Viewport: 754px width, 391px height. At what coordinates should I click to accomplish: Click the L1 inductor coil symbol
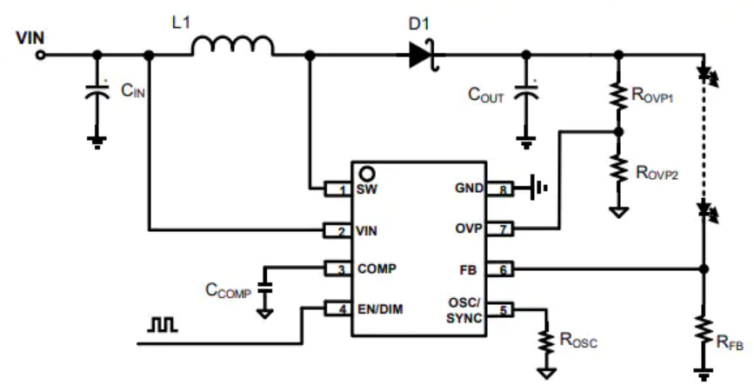click(233, 46)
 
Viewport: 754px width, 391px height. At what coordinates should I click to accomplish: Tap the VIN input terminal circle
click(41, 56)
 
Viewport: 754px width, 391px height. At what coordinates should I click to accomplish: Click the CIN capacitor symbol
click(97, 91)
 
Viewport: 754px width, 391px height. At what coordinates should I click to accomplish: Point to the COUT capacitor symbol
click(526, 92)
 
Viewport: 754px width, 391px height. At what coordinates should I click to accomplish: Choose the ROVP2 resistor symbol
click(619, 169)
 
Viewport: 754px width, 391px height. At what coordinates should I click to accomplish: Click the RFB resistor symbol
click(704, 329)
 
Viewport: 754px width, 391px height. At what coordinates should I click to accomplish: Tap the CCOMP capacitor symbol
click(264, 288)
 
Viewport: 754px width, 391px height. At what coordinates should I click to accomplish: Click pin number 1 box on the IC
click(337, 189)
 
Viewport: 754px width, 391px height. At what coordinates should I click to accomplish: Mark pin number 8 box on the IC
click(500, 189)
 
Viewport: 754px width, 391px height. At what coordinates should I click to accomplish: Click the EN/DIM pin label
click(380, 309)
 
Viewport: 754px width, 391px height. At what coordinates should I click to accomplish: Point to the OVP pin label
click(469, 229)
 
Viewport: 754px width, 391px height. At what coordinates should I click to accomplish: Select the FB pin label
click(468, 270)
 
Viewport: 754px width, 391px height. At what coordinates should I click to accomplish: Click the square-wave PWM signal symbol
click(163, 325)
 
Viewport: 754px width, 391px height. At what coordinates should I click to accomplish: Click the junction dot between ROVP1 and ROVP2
click(619, 131)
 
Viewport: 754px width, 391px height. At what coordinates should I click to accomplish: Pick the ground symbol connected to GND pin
click(538, 188)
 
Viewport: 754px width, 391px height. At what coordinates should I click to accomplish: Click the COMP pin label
click(377, 268)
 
